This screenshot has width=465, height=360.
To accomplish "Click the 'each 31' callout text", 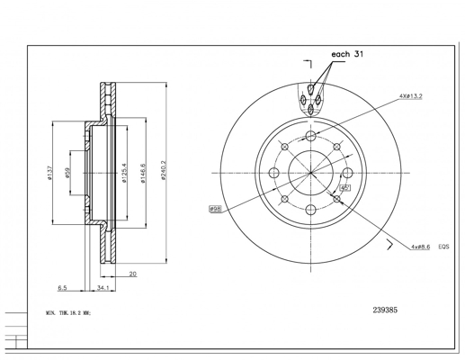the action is [x=347, y=54].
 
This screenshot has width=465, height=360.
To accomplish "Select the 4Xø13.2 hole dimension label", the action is [x=411, y=96].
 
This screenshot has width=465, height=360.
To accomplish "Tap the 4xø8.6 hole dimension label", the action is [x=421, y=247].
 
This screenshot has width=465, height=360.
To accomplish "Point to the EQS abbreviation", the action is [x=444, y=247].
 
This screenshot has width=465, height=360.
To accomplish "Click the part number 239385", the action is [x=385, y=310].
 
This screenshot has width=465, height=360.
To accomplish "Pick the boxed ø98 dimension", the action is [x=215, y=209].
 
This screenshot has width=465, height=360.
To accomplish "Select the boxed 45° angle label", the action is [x=345, y=188].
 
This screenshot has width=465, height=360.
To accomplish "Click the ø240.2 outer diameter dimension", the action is [x=163, y=170].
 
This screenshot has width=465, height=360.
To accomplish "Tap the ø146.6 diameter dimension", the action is [x=143, y=173].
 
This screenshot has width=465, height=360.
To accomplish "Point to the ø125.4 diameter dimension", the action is [x=123, y=173].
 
